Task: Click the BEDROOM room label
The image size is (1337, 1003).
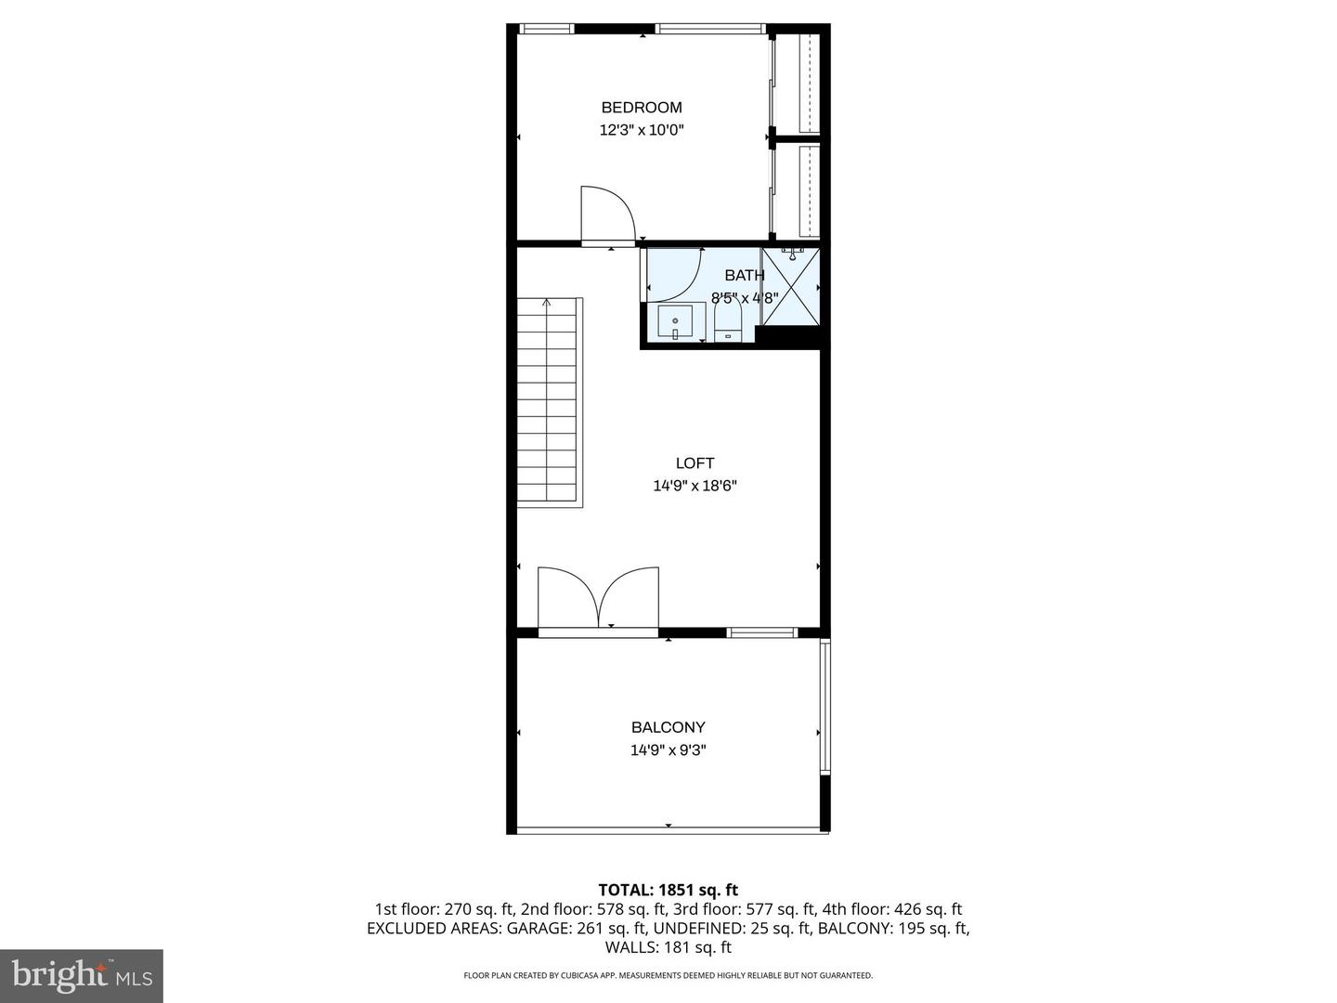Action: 642,108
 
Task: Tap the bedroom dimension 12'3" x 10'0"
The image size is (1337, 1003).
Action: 642,131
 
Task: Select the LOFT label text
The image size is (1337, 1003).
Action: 694,463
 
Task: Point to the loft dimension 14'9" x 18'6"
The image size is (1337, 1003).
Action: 694,486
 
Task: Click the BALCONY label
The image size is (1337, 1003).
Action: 668,728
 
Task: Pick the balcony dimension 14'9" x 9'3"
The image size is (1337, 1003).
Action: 668,750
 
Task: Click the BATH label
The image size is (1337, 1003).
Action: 745,275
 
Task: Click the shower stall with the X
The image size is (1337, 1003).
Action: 791,287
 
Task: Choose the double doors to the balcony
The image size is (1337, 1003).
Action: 598,599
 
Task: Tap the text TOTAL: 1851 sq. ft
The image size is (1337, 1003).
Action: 668,891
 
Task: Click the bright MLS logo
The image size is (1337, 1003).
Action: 82,975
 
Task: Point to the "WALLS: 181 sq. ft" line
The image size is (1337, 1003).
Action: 668,948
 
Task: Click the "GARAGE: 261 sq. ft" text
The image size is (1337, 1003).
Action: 585,929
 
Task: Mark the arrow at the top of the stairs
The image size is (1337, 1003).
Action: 547,302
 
